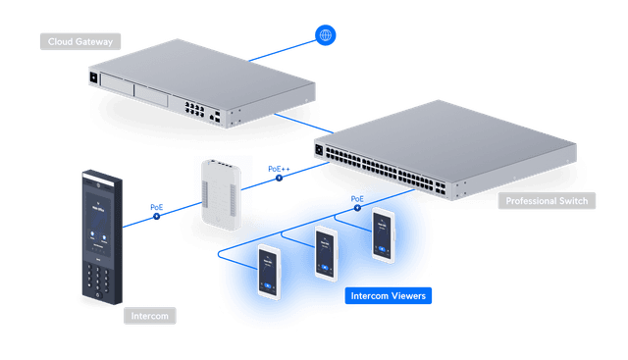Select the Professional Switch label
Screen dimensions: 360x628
click(546, 201)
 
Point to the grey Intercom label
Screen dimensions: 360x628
click(149, 316)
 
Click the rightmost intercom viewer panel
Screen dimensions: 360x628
click(384, 233)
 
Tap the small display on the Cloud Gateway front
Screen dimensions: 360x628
click(95, 77)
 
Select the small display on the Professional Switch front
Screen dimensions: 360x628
click(320, 149)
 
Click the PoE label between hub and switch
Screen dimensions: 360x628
click(278, 170)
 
